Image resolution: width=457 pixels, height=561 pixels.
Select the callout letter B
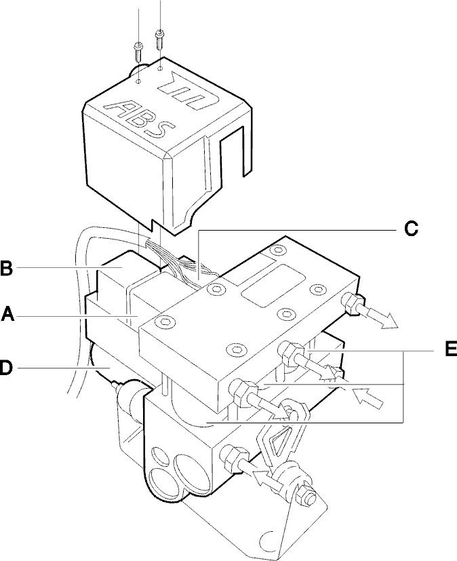(6, 268)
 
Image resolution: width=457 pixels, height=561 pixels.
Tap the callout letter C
(411, 229)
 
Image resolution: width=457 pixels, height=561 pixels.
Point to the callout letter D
(7, 368)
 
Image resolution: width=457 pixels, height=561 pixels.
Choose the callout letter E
(452, 349)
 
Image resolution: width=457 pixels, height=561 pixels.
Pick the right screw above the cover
(159, 39)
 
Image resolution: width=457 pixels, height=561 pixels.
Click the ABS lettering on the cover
(140, 118)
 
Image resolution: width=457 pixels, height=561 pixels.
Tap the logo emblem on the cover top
(188, 89)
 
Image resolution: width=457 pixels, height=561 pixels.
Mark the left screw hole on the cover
(139, 82)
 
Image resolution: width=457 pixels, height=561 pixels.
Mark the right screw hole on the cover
(161, 68)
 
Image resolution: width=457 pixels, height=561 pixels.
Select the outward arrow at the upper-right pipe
(380, 316)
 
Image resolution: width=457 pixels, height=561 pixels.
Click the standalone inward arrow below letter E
(367, 398)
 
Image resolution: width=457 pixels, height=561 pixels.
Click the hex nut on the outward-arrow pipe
(353, 304)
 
